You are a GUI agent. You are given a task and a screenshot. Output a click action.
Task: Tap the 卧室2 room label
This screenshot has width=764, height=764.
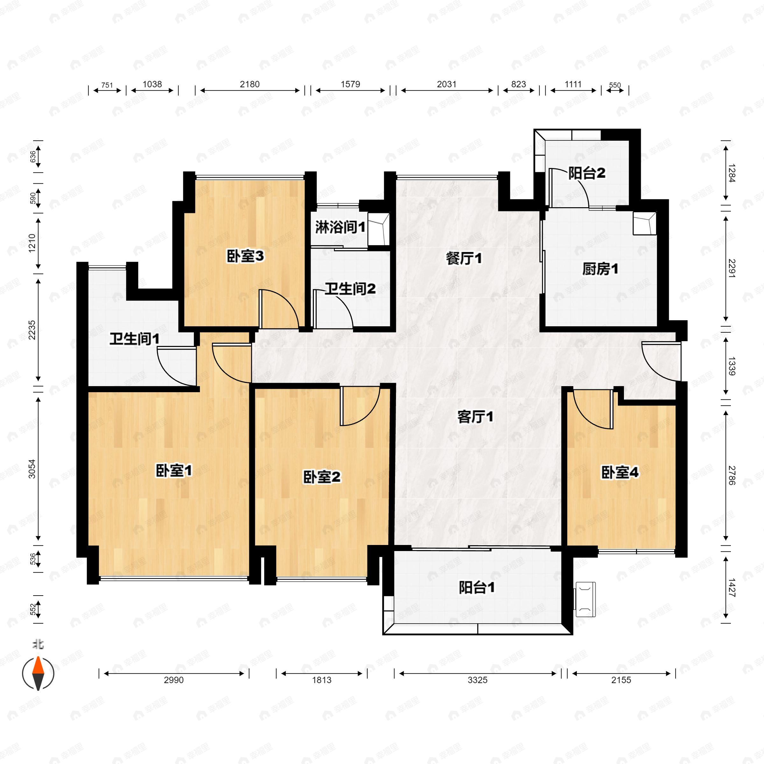(x=322, y=477)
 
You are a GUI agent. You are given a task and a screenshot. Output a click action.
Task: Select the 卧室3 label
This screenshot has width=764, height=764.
(x=245, y=256)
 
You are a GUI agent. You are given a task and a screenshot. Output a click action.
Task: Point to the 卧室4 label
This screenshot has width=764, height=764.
(x=620, y=472)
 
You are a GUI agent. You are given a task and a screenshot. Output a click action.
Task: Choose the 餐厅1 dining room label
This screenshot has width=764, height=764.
(x=464, y=258)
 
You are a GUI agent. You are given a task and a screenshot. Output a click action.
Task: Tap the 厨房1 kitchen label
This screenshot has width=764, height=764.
(x=600, y=269)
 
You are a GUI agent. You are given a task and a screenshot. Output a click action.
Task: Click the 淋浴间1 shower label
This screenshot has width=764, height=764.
(x=340, y=227)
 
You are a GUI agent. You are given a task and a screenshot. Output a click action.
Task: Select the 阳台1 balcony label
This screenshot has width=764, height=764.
(x=477, y=588)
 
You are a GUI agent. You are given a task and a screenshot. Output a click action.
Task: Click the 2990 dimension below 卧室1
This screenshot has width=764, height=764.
(x=173, y=680)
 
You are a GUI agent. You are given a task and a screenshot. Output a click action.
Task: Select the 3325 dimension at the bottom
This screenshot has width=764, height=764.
(x=477, y=680)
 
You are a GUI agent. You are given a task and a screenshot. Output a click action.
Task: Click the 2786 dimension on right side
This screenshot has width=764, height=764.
(x=732, y=475)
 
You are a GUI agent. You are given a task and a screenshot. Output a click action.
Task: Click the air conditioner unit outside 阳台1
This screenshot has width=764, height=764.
(x=585, y=599)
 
